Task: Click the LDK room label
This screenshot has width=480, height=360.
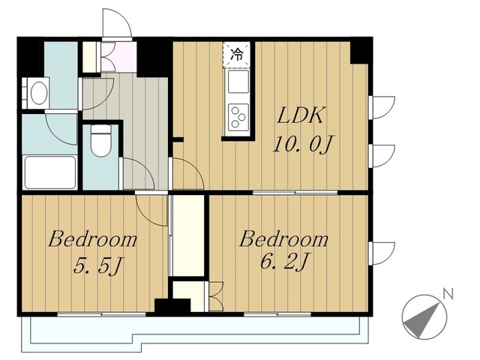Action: (x=300, y=115)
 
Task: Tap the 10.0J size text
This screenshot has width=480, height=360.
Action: (x=302, y=144)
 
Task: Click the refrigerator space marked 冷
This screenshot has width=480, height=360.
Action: (x=237, y=55)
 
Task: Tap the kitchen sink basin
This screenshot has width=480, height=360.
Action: (x=238, y=82)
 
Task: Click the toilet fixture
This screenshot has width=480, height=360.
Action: (x=100, y=141)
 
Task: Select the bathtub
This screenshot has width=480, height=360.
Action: (x=50, y=172)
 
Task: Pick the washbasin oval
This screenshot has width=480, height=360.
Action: (x=39, y=92)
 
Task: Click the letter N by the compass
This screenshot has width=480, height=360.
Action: (x=448, y=294)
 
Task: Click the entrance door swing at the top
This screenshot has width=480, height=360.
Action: (x=117, y=23)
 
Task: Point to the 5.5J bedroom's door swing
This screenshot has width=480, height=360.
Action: (x=151, y=210)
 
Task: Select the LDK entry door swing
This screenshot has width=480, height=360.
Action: (x=187, y=173)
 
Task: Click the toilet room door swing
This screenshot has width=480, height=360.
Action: (x=138, y=173)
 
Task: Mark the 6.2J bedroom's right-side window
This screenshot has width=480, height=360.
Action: (x=382, y=253)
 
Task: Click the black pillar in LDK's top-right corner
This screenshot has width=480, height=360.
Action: (x=361, y=51)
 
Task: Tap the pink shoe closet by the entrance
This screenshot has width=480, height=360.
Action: (x=118, y=57)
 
